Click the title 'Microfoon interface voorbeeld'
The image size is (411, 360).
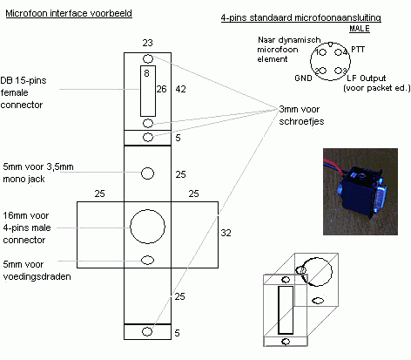69,13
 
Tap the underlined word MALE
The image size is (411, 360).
360,29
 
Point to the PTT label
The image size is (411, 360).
358,50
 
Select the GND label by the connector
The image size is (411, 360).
303,78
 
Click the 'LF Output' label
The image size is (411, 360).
366,78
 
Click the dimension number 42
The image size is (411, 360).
180,89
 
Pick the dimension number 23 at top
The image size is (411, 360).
147,43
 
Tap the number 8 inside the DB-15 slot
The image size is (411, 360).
146,73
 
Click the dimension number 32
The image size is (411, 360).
226,233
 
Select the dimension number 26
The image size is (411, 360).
162,89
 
